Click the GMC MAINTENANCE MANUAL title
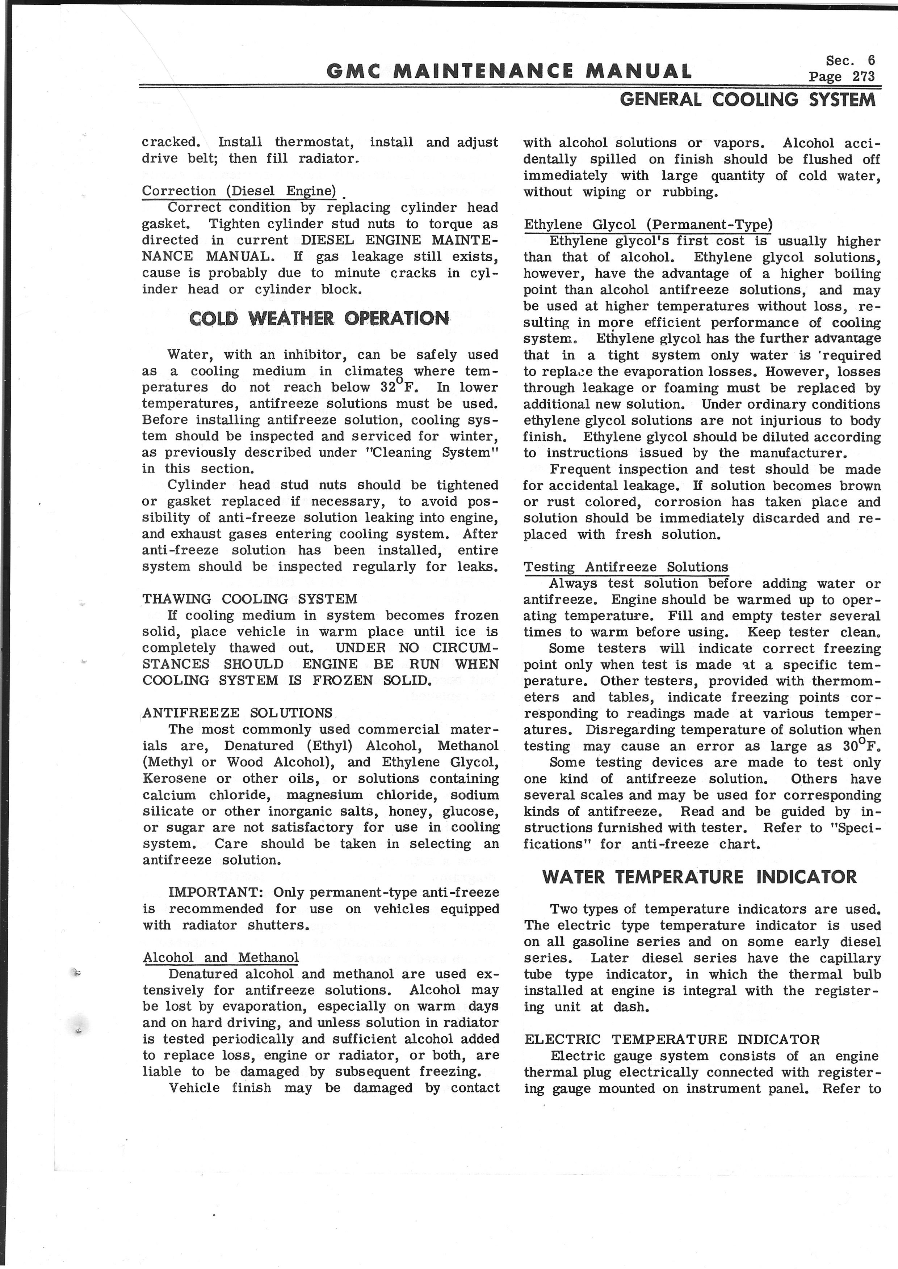tap(509, 71)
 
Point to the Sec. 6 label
tap(850, 60)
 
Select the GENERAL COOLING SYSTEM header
tap(748, 100)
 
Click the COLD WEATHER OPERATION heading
tap(319, 318)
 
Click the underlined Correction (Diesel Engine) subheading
tap(239, 191)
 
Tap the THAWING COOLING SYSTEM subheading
tap(250, 599)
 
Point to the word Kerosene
tap(174, 779)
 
